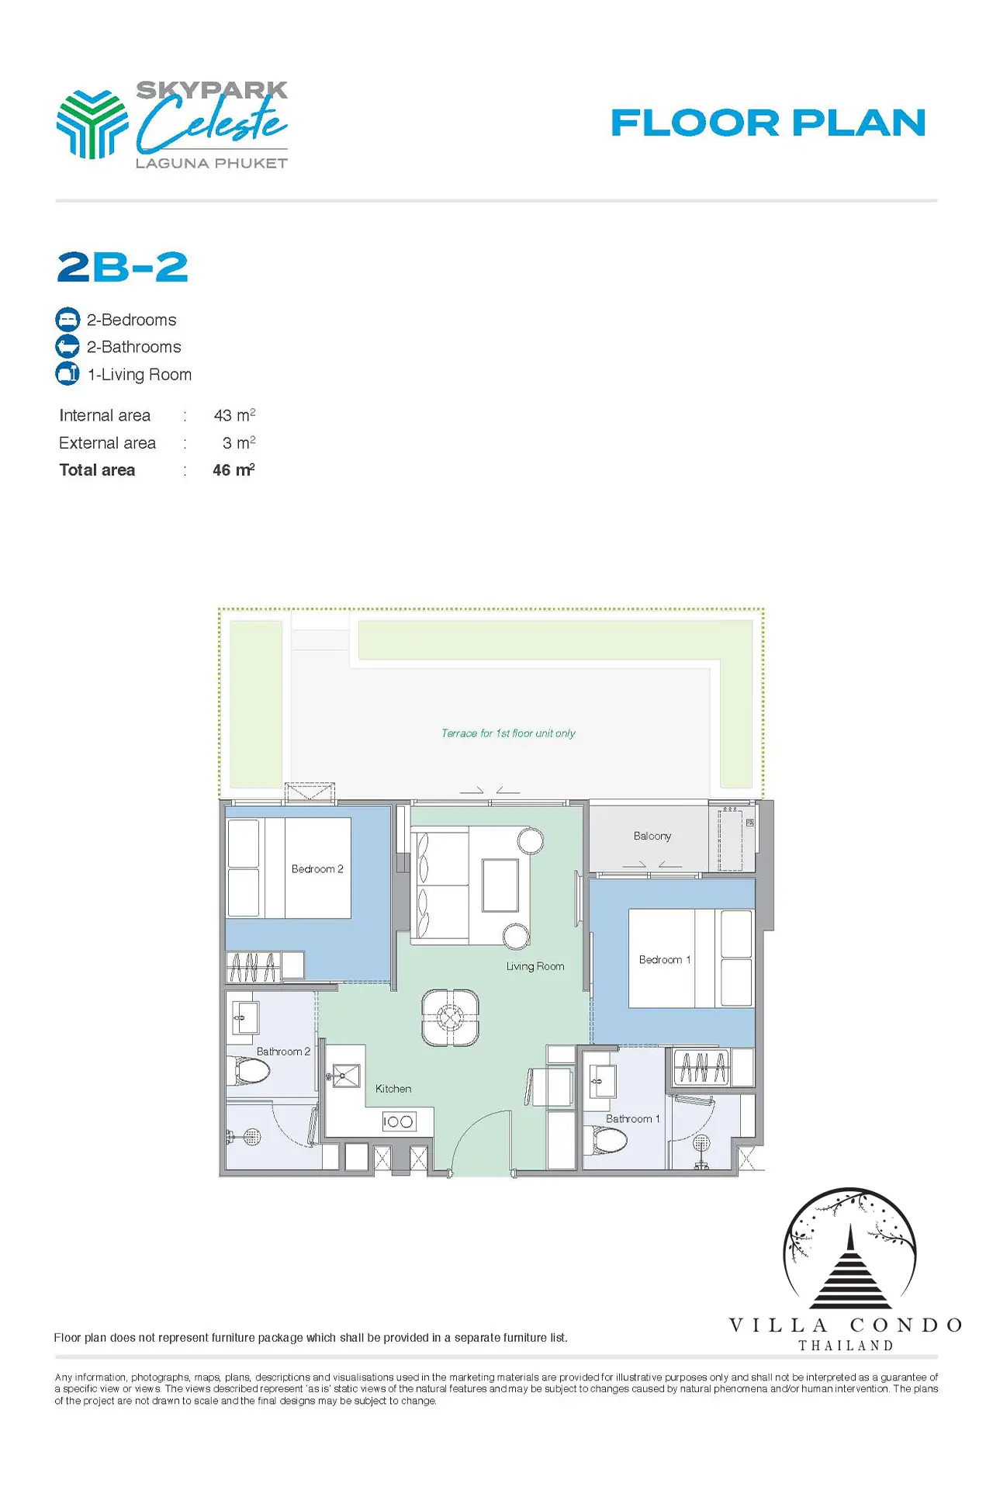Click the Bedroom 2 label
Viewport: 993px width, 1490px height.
click(x=317, y=869)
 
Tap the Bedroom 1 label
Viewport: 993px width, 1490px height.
click(x=665, y=960)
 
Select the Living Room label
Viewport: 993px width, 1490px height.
click(x=535, y=966)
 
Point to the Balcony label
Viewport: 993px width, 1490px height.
click(x=652, y=836)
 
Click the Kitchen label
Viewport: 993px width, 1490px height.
click(x=393, y=1089)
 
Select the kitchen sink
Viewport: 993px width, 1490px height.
click(x=346, y=1076)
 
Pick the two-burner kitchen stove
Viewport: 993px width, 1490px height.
click(x=399, y=1121)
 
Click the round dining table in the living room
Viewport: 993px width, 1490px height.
click(x=450, y=1017)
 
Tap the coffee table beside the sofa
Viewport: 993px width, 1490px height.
click(x=500, y=885)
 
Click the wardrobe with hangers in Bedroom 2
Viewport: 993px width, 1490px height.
click(x=253, y=967)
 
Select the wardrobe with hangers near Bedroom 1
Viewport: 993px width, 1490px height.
click(x=701, y=1067)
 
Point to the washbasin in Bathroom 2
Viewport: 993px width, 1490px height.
click(x=245, y=1017)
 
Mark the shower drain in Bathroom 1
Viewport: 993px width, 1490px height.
click(x=701, y=1142)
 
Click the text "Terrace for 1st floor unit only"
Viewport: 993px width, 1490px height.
click(x=508, y=733)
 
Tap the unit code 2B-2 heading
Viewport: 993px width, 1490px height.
click(x=123, y=267)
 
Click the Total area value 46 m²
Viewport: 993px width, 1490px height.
click(x=234, y=470)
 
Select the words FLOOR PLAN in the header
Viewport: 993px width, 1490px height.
click(x=768, y=123)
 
